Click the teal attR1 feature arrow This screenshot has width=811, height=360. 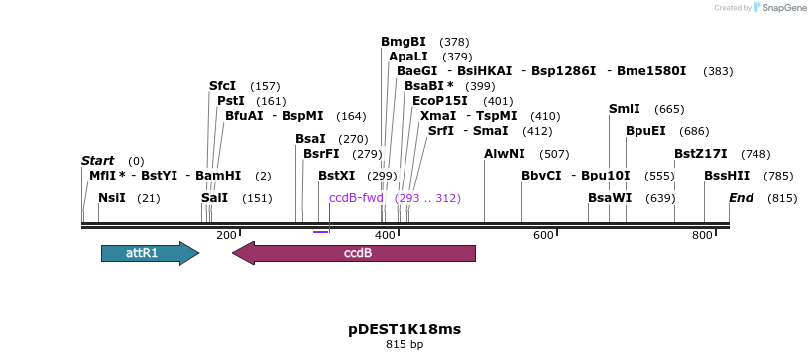click(x=150, y=253)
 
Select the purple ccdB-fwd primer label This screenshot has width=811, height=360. click(x=356, y=198)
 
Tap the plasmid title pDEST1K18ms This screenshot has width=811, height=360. click(x=405, y=329)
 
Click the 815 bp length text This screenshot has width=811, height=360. click(x=405, y=345)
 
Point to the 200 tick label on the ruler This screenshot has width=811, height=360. click(x=226, y=235)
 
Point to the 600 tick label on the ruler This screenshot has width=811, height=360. click(x=543, y=235)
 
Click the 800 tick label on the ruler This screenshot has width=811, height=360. click(x=702, y=235)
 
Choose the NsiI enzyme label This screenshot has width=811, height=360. click(x=112, y=198)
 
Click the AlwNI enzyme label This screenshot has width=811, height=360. click(x=505, y=154)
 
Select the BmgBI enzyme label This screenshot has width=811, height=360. click(x=404, y=42)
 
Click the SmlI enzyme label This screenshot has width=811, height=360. click(x=625, y=109)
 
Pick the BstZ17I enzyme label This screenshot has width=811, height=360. click(x=701, y=154)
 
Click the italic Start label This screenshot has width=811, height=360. click(x=97, y=161)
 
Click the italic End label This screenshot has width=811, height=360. click(x=742, y=198)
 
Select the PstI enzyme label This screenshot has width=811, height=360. click(x=231, y=101)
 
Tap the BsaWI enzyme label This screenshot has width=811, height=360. click(x=610, y=198)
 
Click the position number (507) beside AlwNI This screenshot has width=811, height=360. click(x=554, y=154)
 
